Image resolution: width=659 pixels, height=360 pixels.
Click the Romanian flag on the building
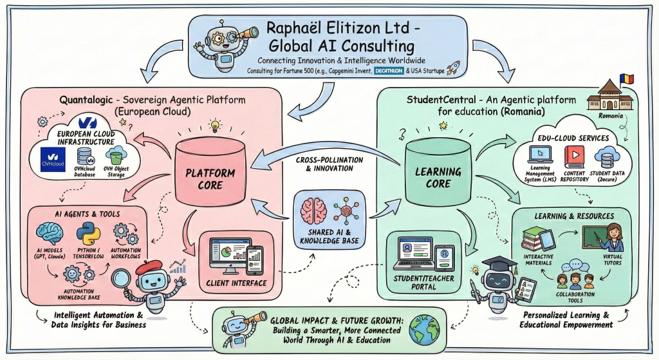coord(626,79)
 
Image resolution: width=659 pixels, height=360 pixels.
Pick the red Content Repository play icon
coord(574,155)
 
